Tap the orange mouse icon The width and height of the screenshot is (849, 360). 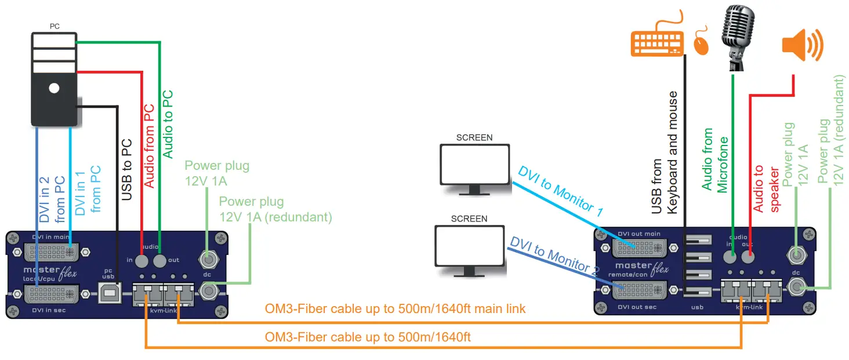pyautogui.click(x=702, y=41)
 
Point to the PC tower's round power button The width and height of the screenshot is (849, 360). pyautogui.click(x=54, y=89)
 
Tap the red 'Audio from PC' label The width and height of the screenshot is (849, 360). pyautogui.click(x=149, y=146)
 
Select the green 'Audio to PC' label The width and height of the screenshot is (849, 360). pyautogui.click(x=168, y=124)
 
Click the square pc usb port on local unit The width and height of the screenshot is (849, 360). pyautogui.click(x=109, y=294)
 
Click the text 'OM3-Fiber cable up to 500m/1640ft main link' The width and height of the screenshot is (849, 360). pyautogui.click(x=395, y=308)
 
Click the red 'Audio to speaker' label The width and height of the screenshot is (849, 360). pyautogui.click(x=765, y=188)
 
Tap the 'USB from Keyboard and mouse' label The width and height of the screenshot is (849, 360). pyautogui.click(x=665, y=153)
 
